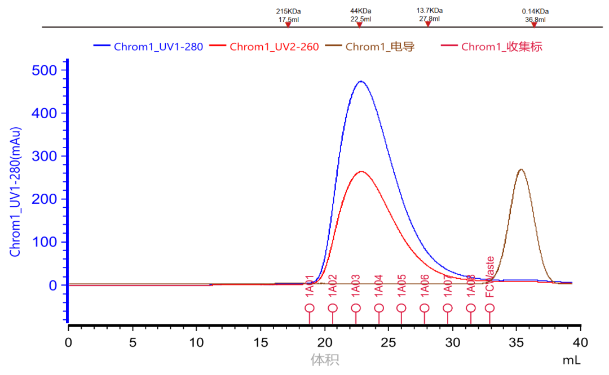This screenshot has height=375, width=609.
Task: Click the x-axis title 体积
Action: [x=325, y=359]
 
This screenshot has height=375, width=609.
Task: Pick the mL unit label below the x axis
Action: [x=571, y=359]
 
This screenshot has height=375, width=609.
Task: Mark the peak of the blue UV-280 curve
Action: [x=360, y=82]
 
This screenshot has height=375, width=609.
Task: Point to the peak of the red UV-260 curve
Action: [x=361, y=171]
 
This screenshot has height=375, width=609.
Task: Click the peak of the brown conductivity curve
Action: [x=521, y=169]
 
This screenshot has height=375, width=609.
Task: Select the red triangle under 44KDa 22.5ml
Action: [x=359, y=25]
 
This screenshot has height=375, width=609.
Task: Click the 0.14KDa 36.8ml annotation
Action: [x=535, y=15]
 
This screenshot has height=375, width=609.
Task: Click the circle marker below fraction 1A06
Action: [x=425, y=308]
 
